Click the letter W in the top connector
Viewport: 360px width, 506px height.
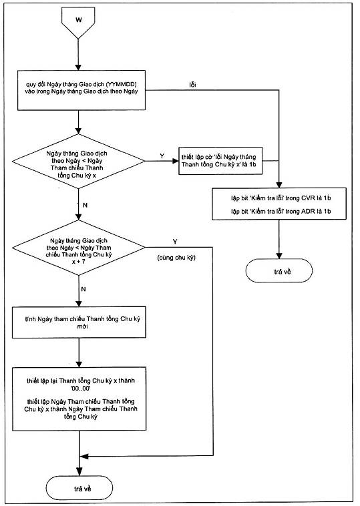click(79, 20)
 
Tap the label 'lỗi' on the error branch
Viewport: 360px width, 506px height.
click(193, 85)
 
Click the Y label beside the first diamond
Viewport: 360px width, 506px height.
click(162, 156)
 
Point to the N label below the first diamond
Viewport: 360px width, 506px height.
click(85, 205)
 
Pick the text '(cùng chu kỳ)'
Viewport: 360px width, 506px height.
click(176, 258)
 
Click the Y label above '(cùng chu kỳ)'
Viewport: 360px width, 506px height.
click(175, 242)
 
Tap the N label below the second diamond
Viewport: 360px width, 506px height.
click(83, 289)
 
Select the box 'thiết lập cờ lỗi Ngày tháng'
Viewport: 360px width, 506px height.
click(220, 161)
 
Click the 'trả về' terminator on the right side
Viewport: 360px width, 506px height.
click(279, 271)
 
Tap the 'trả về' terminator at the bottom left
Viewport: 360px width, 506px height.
click(79, 488)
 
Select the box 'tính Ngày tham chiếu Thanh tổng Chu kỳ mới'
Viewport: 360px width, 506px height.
click(79, 322)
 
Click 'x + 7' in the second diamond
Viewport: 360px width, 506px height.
click(79, 262)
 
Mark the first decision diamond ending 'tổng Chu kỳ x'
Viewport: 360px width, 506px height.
click(78, 162)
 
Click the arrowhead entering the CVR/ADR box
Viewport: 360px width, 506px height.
click(279, 185)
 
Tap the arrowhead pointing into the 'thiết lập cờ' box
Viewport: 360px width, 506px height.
click(175, 161)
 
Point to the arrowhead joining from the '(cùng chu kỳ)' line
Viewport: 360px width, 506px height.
click(83, 457)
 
